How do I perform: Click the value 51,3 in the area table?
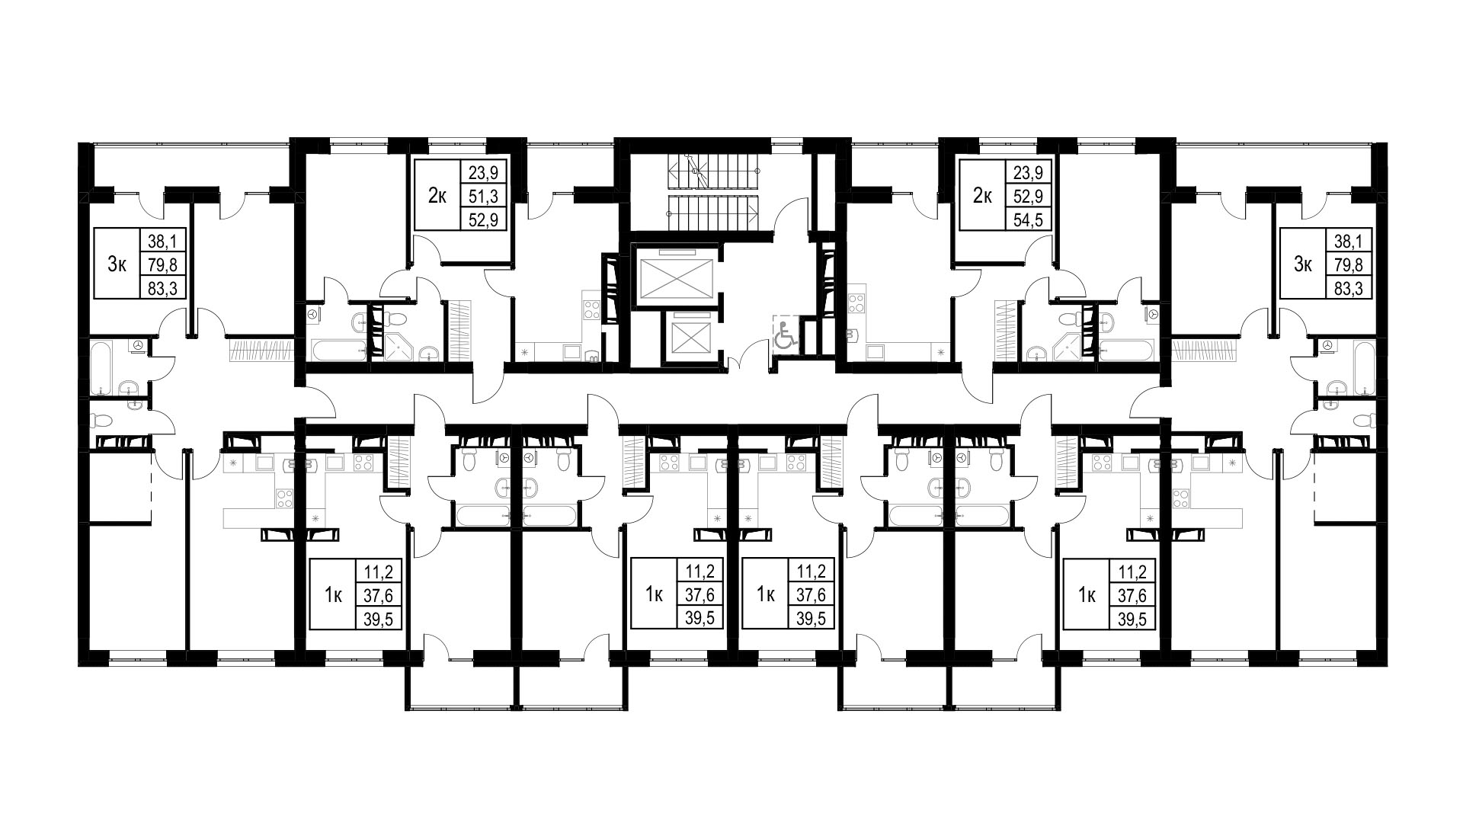click(x=488, y=197)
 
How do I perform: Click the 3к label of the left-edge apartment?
click(x=117, y=264)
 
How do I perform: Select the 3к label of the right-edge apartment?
click(x=1303, y=264)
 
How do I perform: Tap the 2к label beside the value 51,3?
click(x=437, y=197)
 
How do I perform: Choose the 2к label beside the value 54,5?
click(x=982, y=197)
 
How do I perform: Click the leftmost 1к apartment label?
click(x=333, y=595)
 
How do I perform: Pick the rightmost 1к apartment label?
click(x=1087, y=595)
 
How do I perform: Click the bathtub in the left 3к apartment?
click(x=102, y=369)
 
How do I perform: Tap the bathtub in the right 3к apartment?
click(x=1365, y=369)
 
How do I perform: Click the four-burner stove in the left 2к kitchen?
click(x=591, y=309)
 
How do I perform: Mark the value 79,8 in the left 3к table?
click(x=162, y=264)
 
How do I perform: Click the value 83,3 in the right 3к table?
click(x=1349, y=287)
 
